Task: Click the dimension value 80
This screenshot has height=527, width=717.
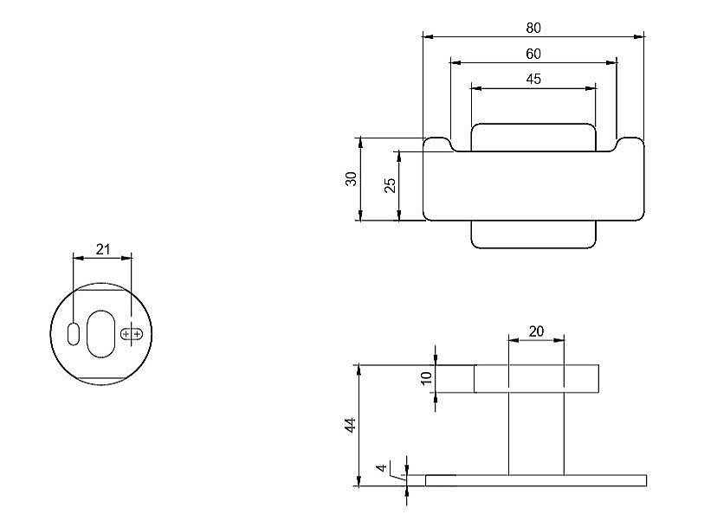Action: [533, 28]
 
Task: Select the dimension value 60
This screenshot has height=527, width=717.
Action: [533, 54]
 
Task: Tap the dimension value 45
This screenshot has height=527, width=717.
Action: [533, 79]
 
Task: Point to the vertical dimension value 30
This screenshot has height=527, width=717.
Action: [351, 179]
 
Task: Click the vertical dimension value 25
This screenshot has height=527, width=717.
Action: [390, 185]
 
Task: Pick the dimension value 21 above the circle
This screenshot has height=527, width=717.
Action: [103, 249]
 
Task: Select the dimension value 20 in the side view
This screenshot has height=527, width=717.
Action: [536, 331]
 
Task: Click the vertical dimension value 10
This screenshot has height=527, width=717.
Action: [426, 379]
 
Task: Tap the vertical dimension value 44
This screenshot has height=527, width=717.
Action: [350, 425]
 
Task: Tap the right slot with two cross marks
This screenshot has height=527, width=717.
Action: [132, 333]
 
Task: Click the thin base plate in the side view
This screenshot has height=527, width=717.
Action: [536, 480]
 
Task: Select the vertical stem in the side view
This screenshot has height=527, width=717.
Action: [536, 433]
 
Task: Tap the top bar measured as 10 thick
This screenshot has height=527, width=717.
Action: [536, 379]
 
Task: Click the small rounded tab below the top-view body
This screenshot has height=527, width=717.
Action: [533, 235]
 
